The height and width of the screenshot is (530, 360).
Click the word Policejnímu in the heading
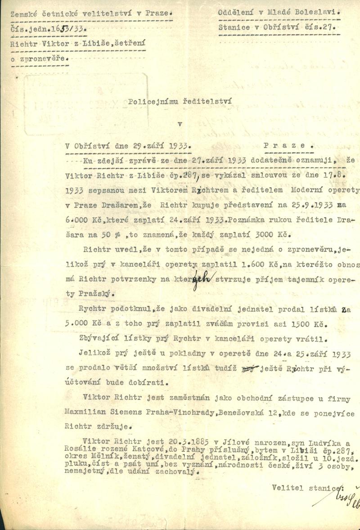pos(151,102)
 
